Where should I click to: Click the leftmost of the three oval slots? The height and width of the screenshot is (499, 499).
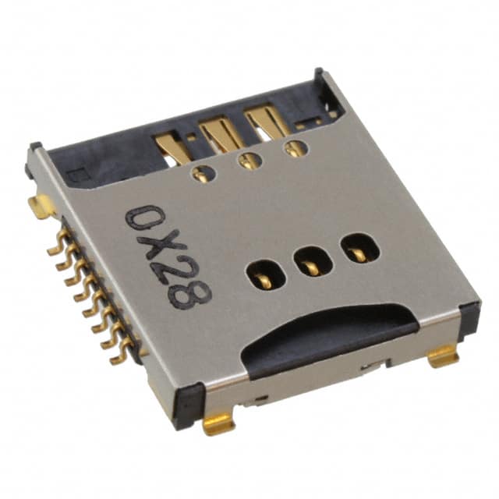click(x=260, y=275)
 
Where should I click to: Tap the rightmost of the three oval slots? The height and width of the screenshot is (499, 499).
click(x=359, y=249)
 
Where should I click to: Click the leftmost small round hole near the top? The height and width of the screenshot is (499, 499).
click(x=203, y=173)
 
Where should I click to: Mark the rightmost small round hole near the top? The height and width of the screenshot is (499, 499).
click(x=295, y=148)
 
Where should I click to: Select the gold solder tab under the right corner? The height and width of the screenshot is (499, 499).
click(x=444, y=356)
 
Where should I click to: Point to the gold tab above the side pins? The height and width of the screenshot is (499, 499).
click(x=41, y=206)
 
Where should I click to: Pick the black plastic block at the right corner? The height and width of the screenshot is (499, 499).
click(x=469, y=319)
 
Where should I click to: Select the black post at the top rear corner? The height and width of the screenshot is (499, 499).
click(x=318, y=75)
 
